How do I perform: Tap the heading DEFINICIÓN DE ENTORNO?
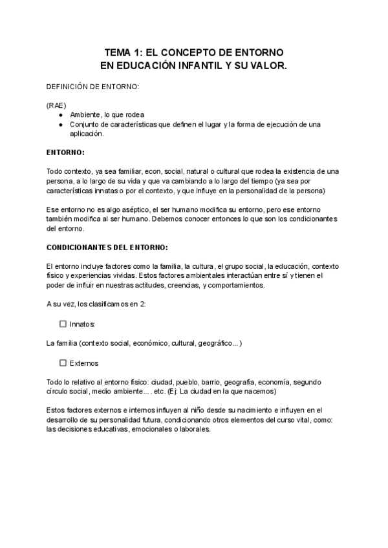(x=92, y=86)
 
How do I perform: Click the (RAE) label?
(x=56, y=105)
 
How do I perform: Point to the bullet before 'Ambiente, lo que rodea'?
(x=60, y=114)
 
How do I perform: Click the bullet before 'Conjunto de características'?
(x=60, y=124)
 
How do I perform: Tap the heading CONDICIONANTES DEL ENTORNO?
(x=107, y=248)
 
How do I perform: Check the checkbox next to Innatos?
(x=63, y=324)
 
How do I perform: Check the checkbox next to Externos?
(x=63, y=363)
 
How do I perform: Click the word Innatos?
(x=83, y=324)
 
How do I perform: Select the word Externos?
(x=84, y=363)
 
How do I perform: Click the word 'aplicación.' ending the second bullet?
(x=87, y=134)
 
